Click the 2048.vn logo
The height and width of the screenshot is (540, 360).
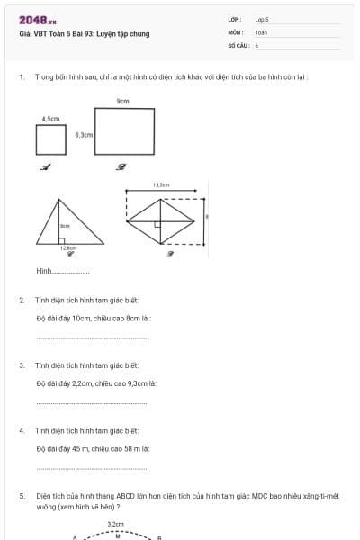point(37,20)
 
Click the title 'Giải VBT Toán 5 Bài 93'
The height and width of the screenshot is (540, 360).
point(84,34)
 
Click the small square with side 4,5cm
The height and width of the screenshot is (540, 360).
point(51,139)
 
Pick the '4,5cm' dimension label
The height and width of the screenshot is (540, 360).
point(50,118)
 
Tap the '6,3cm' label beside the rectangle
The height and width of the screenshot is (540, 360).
point(84,134)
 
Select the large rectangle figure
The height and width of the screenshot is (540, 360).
point(123,131)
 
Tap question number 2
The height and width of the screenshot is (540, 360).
point(22,300)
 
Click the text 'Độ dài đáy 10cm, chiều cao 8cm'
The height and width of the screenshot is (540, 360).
point(93,318)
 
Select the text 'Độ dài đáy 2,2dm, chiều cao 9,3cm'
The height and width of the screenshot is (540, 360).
point(96,383)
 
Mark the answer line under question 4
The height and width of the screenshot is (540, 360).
point(90,469)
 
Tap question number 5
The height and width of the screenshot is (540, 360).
point(22,495)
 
